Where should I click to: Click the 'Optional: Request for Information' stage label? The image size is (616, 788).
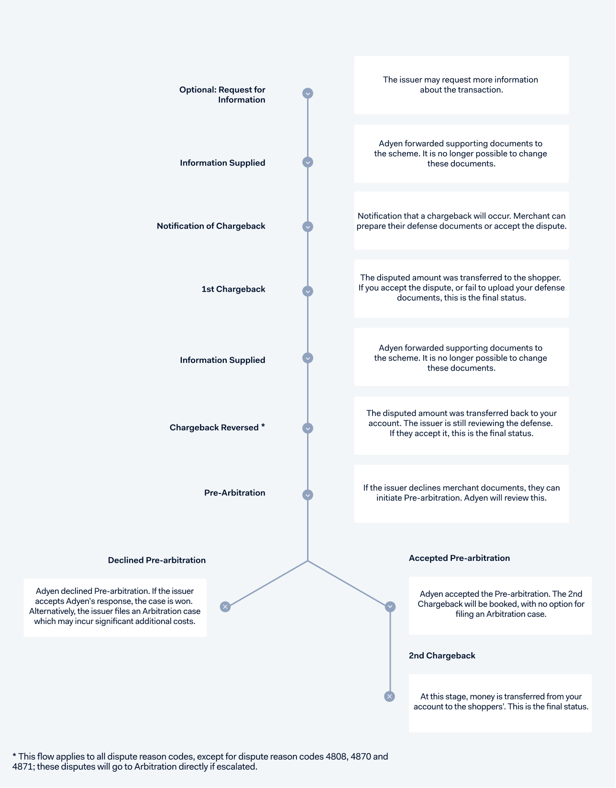(222, 95)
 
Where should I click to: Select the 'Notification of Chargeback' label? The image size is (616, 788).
(211, 226)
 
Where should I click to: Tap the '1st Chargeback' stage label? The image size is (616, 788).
(233, 289)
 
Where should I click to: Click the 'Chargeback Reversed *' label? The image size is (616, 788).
(217, 427)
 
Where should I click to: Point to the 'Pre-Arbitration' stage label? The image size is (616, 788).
(234, 492)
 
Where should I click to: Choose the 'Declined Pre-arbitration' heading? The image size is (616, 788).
(156, 560)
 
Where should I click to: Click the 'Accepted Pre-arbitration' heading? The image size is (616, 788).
(460, 558)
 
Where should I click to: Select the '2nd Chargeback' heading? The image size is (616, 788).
(442, 655)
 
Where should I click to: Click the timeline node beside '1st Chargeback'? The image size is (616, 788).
(308, 291)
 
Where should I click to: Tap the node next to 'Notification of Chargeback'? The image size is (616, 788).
(308, 227)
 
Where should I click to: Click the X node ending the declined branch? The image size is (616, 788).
(225, 607)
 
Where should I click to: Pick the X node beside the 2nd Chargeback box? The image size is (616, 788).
(390, 696)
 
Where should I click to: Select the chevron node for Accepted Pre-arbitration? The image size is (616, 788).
(390, 607)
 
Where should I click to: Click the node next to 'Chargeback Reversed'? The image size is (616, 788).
(308, 428)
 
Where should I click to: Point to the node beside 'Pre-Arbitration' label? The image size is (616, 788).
(308, 495)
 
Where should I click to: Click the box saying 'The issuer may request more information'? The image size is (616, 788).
(461, 85)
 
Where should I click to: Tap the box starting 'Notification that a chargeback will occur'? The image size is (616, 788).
(461, 220)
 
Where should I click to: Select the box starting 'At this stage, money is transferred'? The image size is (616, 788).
(500, 703)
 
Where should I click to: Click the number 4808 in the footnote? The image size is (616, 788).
(336, 756)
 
